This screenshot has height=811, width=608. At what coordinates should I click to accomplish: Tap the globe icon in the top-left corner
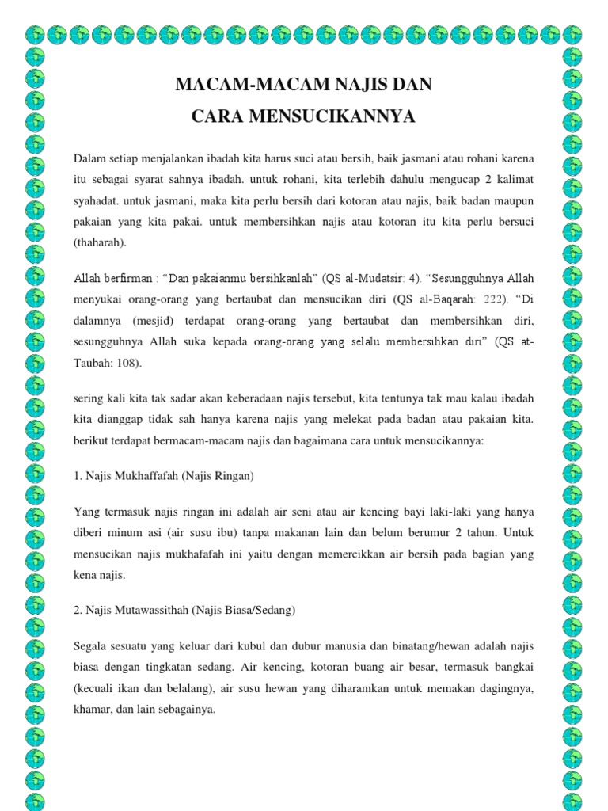coord(36,34)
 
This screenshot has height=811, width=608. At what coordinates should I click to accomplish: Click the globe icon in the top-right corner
coord(572,34)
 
